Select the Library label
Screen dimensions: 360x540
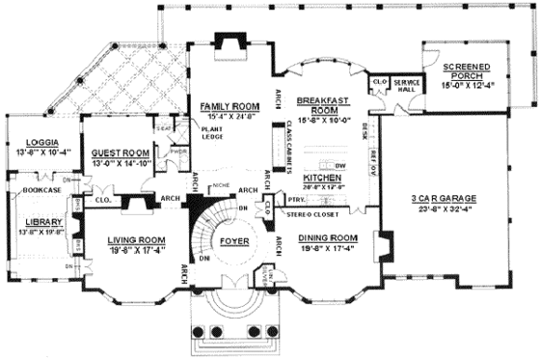pos(39,220)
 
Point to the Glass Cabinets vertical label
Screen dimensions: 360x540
pos(289,145)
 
